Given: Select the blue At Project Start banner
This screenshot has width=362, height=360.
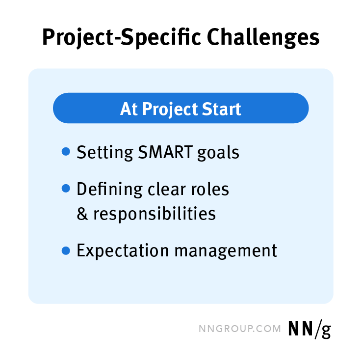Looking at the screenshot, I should tap(181, 108).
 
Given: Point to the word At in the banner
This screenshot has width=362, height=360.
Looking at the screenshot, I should tap(129, 109).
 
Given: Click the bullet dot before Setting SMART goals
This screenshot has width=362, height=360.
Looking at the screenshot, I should tap(66, 152).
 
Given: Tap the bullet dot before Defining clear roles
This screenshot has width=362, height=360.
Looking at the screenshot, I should tap(66, 189).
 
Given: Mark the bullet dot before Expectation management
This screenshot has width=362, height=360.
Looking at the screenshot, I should tap(66, 250).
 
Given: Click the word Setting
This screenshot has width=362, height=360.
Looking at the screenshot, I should tap(103, 152).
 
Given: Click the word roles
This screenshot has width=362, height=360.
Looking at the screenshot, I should tap(208, 189).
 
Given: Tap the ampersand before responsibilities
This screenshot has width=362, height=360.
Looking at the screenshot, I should tap(82, 214).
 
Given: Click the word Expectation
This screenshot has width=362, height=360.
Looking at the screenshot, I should tap(123, 251).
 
